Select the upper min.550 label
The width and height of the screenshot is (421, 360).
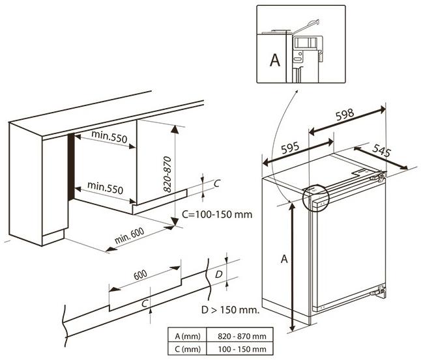[109, 135]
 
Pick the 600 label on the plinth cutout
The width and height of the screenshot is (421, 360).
[140, 275]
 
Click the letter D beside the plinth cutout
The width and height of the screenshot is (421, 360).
[219, 275]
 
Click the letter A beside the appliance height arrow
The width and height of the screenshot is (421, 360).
[284, 259]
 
